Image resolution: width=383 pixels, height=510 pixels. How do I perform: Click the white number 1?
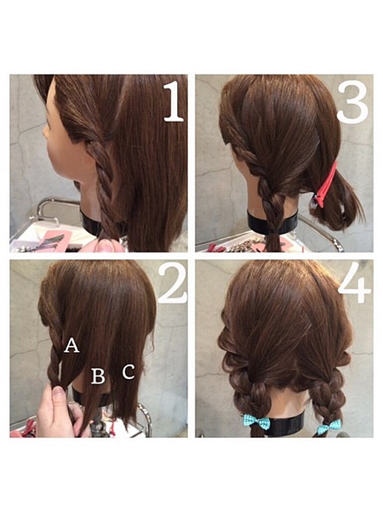point(174,101)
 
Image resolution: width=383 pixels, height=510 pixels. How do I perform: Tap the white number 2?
point(173,283)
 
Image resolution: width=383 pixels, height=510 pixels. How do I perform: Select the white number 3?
point(352,102)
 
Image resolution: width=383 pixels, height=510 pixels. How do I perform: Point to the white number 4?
point(355,282)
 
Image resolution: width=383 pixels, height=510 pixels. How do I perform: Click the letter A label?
point(71,345)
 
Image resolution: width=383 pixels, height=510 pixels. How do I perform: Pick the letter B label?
point(98,376)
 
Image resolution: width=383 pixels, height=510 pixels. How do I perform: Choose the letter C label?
point(129,371)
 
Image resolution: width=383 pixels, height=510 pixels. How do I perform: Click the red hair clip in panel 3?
point(325,185)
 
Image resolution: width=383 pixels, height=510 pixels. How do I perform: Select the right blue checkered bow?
point(329,426)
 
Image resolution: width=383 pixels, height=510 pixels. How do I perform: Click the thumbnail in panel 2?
point(59,394)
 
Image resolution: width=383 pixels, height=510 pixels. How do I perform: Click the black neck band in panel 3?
point(272,223)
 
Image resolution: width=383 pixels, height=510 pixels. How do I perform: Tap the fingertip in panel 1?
point(105,246)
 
